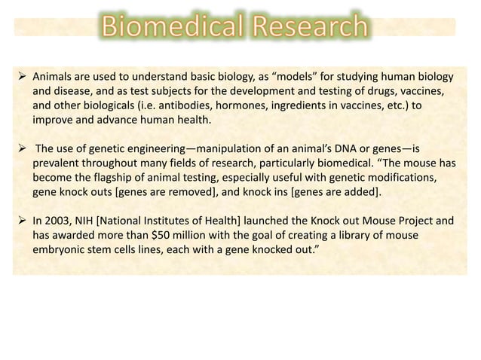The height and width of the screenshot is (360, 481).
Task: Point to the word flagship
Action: tap(133, 175)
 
